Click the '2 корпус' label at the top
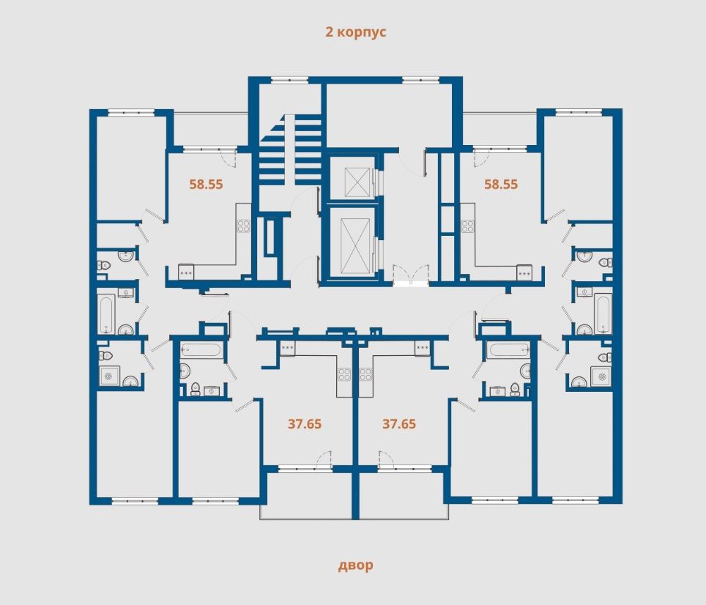coord(356,32)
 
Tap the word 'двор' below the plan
coord(356,565)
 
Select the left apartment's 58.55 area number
coord(206,185)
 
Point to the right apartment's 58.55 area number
coord(501,185)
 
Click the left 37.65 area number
coord(305,423)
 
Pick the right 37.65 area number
coord(399,423)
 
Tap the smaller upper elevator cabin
coord(350,178)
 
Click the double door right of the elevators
coord(410,275)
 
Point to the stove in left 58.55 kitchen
coord(244,226)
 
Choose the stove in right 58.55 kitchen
coord(467,226)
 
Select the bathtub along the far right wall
coord(603,312)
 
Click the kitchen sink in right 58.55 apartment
coord(524,270)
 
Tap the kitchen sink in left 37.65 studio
coord(287,347)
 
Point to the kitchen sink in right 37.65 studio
coord(423,347)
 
